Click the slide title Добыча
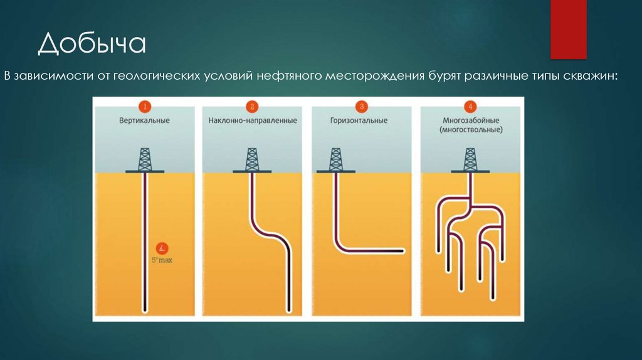click(x=91, y=45)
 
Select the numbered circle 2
click(x=251, y=106)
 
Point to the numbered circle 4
click(x=471, y=106)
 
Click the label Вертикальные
click(x=145, y=120)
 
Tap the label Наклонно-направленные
click(x=253, y=120)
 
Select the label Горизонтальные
click(x=360, y=120)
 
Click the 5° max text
click(x=162, y=259)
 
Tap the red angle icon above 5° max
click(x=162, y=247)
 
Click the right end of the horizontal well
click(x=399, y=250)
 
